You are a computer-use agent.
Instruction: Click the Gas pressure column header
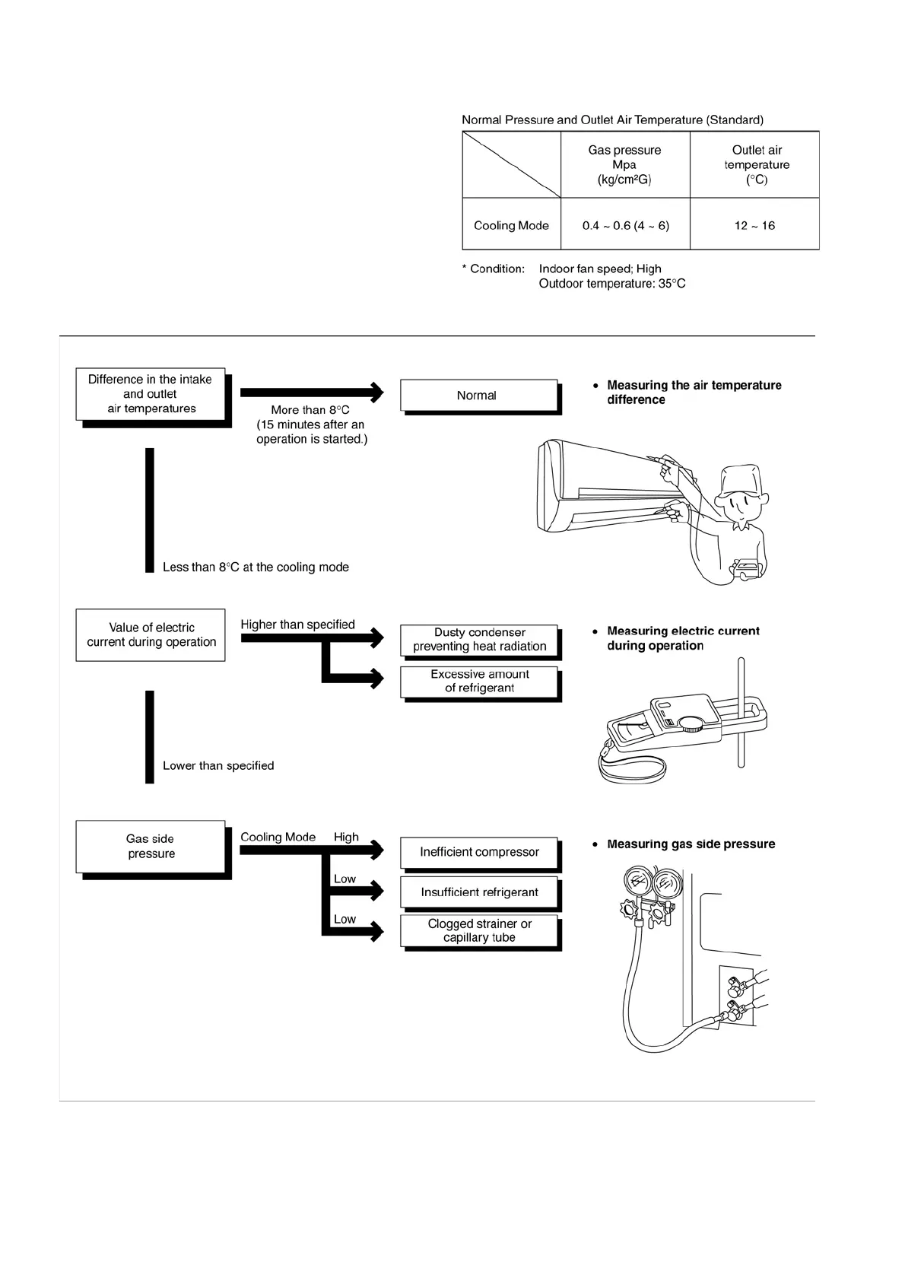[x=624, y=164]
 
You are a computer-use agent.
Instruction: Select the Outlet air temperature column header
[x=756, y=164]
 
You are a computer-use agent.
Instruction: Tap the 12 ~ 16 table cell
[x=754, y=225]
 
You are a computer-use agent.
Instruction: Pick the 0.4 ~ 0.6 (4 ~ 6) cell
[x=625, y=225]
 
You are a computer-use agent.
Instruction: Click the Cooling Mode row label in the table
[x=511, y=225]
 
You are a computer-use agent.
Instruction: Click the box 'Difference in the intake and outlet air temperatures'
[x=151, y=394]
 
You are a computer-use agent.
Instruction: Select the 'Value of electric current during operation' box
[x=151, y=634]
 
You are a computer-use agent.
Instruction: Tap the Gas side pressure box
[x=151, y=846]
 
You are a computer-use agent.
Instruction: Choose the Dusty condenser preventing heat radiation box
[x=479, y=640]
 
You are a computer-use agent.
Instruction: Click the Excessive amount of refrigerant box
[x=479, y=681]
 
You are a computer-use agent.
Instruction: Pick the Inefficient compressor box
[x=479, y=852]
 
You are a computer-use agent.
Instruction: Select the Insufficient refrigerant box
[x=479, y=892]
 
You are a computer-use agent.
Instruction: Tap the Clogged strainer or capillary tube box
[x=479, y=930]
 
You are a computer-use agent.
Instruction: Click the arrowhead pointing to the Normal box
[x=376, y=392]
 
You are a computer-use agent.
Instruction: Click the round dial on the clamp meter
[x=691, y=723]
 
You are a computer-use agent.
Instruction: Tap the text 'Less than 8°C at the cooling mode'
[x=256, y=567]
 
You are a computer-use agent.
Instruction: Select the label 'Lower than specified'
[x=218, y=766]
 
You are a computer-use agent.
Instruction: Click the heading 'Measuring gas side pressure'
[x=691, y=844]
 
